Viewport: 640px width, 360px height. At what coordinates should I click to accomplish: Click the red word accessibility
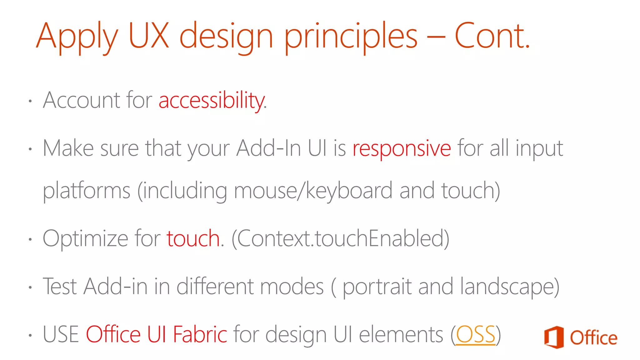click(212, 101)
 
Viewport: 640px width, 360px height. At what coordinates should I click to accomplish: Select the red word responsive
click(402, 148)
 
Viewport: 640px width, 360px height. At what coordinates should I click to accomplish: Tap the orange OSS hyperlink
click(476, 335)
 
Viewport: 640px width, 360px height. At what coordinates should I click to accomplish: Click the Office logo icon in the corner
click(554, 337)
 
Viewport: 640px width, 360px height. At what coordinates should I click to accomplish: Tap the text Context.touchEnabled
click(340, 239)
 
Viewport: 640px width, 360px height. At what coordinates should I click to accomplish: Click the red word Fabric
click(200, 335)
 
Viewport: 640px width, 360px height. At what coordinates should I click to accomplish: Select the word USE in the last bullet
click(61, 335)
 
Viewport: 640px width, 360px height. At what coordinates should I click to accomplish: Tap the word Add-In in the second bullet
click(269, 148)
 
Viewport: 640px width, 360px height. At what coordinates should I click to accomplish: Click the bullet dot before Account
click(30, 101)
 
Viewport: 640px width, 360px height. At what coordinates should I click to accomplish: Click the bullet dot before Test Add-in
click(30, 287)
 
